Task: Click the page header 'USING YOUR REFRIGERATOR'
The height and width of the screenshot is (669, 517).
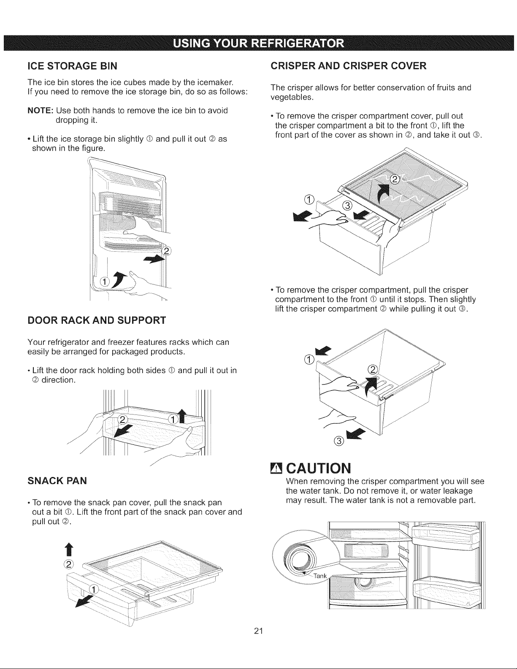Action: pos(258,43)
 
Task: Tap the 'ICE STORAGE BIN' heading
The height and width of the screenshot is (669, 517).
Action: pos(73,66)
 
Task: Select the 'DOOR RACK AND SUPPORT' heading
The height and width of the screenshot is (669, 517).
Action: pos(97,320)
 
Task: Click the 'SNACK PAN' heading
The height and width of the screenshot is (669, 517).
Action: pos(57,481)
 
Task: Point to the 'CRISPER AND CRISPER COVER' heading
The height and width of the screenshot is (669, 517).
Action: pos(348,65)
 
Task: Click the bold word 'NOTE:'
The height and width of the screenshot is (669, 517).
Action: pos(41,111)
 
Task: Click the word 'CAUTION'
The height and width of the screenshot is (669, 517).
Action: pos(319,468)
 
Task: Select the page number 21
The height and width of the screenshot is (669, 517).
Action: pos(258,631)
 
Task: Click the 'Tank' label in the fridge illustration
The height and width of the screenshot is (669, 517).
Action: pos(320,575)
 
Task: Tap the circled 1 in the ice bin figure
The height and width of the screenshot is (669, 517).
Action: pos(105,282)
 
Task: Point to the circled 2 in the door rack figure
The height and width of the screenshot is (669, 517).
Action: pos(123,419)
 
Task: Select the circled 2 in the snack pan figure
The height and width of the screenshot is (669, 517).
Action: pos(69,564)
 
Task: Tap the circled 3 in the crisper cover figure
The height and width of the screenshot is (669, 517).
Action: pos(347,206)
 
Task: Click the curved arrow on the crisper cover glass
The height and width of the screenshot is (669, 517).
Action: pos(383,195)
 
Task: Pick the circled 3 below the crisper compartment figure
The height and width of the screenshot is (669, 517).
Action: pos(339,441)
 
